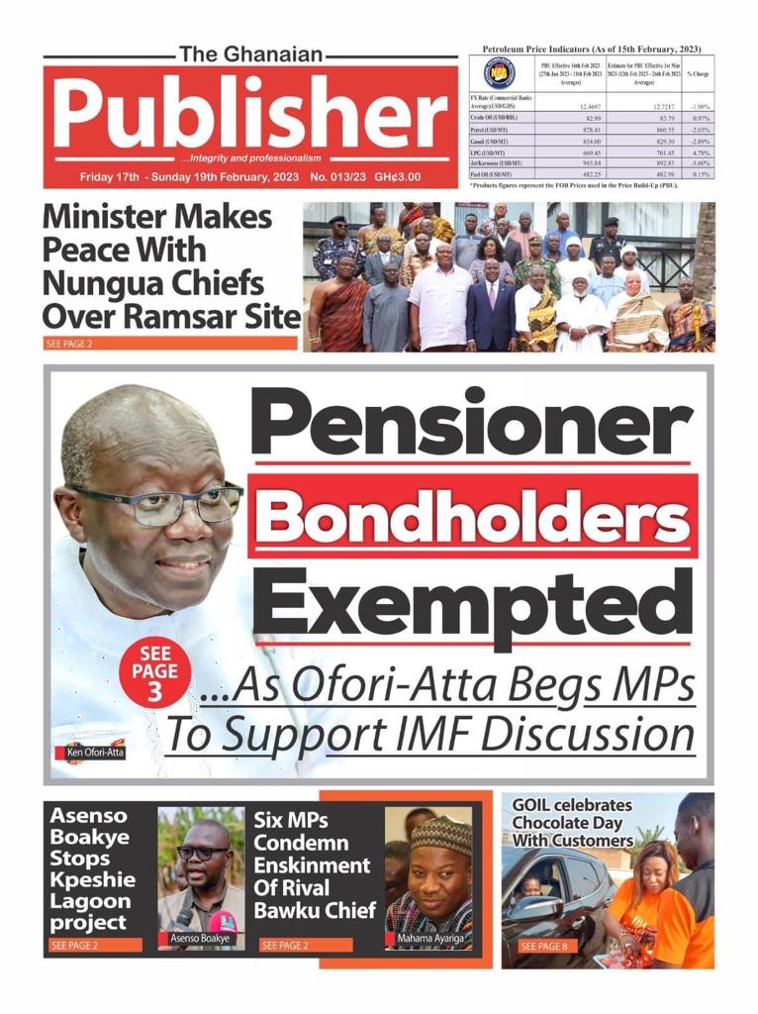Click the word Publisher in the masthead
tap(252, 111)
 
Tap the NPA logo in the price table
tap(499, 74)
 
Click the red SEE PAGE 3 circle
tap(153, 672)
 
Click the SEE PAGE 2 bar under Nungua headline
tap(170, 344)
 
